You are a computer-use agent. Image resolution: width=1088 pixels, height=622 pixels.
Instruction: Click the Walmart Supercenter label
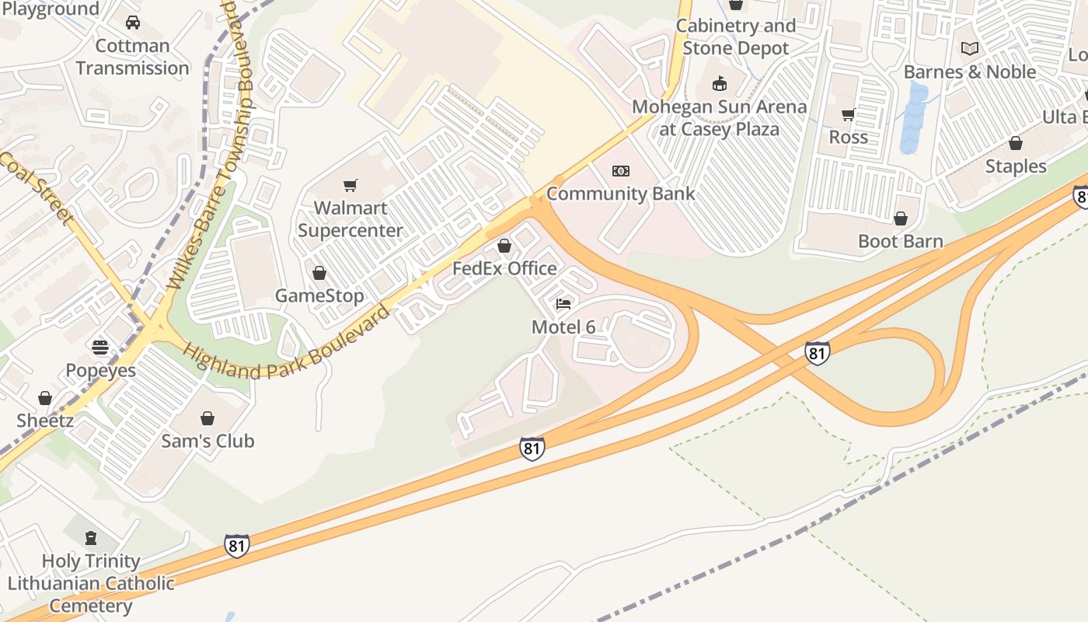click(350, 219)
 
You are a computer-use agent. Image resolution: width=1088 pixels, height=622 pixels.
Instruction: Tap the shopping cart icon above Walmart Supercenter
click(350, 185)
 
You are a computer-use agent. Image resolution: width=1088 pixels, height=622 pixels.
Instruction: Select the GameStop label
click(319, 295)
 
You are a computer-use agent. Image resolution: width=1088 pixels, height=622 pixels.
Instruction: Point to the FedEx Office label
click(504, 268)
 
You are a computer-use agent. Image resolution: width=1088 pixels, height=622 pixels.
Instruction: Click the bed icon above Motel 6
click(563, 303)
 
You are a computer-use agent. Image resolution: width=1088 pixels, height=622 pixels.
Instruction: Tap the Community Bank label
click(620, 193)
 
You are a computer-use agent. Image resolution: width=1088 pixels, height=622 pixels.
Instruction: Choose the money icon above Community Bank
click(620, 171)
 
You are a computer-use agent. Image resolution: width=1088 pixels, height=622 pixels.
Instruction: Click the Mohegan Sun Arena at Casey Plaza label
click(719, 117)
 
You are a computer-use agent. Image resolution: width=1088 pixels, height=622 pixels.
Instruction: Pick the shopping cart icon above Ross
click(848, 115)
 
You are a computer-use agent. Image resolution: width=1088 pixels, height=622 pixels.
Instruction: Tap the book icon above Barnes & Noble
click(969, 49)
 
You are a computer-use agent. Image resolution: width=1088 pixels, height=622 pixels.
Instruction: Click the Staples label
click(1016, 166)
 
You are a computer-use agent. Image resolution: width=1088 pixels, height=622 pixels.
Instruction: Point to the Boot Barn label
click(900, 241)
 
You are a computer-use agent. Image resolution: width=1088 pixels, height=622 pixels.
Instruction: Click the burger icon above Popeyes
click(100, 347)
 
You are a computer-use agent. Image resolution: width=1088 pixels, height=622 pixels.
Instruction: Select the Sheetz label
click(45, 421)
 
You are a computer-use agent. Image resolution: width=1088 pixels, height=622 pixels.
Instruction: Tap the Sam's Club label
click(207, 441)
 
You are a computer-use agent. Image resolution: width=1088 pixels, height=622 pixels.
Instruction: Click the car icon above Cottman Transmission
click(133, 23)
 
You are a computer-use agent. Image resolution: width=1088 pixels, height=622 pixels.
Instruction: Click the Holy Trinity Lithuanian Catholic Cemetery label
click(91, 583)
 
